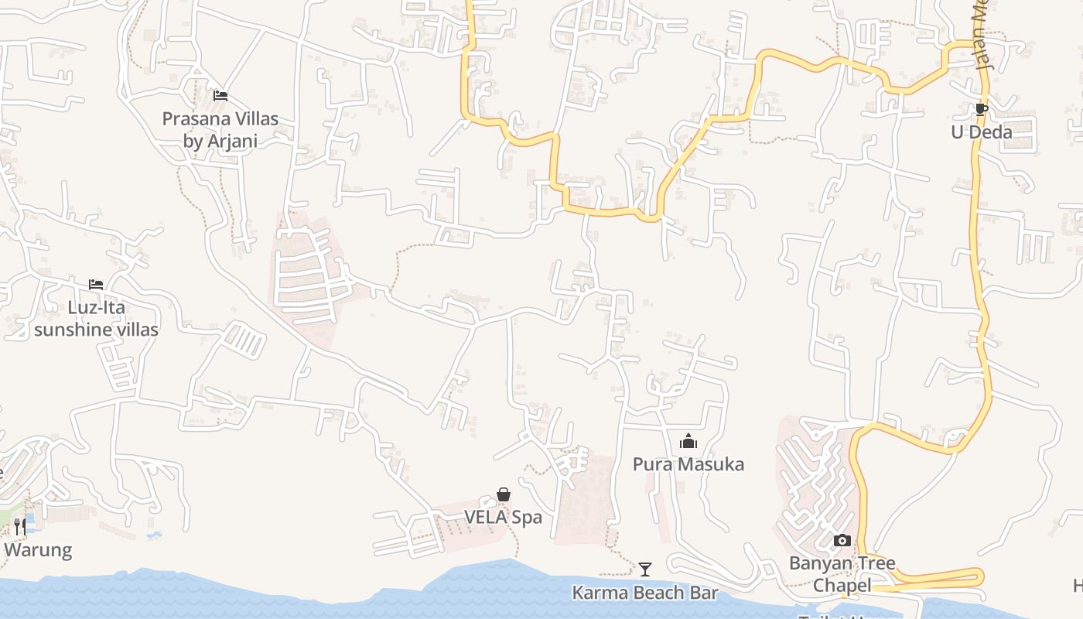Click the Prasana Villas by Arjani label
[220, 130]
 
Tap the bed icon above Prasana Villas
[220, 96]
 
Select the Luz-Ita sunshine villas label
[96, 318]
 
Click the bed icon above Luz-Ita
[96, 285]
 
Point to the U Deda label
[981, 132]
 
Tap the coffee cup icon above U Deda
[981, 109]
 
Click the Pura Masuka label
[688, 464]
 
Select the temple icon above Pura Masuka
[688, 442]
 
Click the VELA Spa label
[503, 517]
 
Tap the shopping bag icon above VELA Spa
[504, 494]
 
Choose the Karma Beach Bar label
[644, 593]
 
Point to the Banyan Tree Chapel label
[842, 573]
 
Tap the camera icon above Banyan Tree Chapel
[842, 541]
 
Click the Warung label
[37, 550]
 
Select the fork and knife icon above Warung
[20, 527]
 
